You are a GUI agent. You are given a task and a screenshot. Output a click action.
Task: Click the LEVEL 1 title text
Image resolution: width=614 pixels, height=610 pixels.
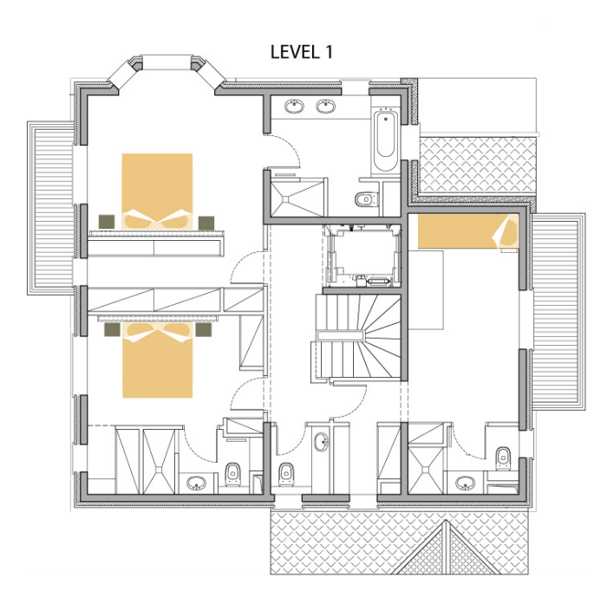pyautogui.click(x=302, y=51)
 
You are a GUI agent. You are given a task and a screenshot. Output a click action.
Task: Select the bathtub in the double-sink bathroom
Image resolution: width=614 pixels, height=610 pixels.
pyautogui.click(x=385, y=141)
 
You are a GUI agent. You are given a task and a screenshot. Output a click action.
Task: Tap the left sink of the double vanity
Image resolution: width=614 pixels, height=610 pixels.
pyautogui.click(x=296, y=107)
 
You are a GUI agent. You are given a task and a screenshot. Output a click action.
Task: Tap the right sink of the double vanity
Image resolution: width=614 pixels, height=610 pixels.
pyautogui.click(x=327, y=107)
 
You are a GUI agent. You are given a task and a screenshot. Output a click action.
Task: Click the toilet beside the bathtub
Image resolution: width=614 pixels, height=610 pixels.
pyautogui.click(x=365, y=199)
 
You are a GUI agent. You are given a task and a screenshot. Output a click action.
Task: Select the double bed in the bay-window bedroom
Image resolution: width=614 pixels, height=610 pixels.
pyautogui.click(x=157, y=191)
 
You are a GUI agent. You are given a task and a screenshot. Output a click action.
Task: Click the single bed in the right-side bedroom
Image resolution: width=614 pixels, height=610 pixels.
pyautogui.click(x=466, y=232)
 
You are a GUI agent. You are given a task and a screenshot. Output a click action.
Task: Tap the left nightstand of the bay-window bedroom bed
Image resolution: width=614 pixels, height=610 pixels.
pyautogui.click(x=107, y=222)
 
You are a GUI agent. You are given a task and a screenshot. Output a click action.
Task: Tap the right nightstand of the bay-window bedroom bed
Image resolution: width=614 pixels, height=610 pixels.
pyautogui.click(x=206, y=222)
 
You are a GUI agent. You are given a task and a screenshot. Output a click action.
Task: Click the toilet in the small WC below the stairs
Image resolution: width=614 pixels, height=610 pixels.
pyautogui.click(x=285, y=473)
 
